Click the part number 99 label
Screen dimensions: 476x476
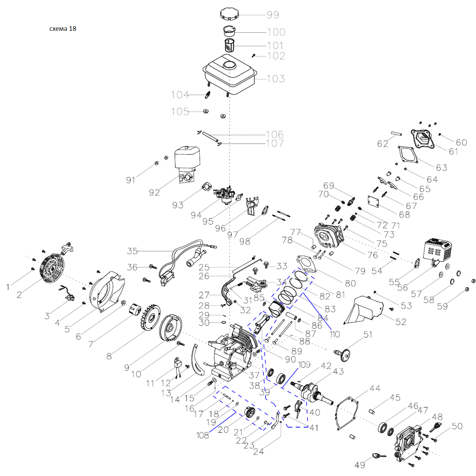[273, 15]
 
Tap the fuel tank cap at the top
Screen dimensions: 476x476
[229, 14]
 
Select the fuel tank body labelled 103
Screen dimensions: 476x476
[230, 74]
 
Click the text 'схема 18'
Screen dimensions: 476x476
[63, 29]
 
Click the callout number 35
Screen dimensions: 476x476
[132, 251]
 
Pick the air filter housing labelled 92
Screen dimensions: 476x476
[187, 162]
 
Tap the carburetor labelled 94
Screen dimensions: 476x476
[224, 194]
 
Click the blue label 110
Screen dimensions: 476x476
[335, 334]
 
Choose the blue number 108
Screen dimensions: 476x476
[203, 435]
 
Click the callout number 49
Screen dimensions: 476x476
[360, 465]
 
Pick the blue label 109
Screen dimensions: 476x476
[304, 365]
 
